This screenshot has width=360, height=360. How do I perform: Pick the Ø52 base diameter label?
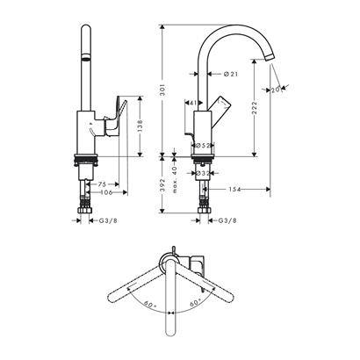click(x=199, y=146)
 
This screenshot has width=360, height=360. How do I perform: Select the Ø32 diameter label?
click(x=201, y=175)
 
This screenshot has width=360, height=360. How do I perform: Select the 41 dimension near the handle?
click(x=191, y=104)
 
